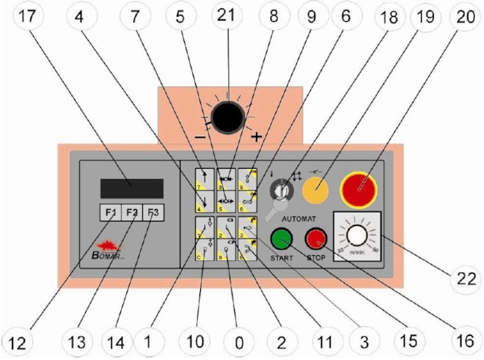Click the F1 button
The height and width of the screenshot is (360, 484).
(x=110, y=213)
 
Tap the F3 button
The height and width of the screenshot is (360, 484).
(x=153, y=213)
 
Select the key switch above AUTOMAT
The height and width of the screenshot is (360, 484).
(x=279, y=191)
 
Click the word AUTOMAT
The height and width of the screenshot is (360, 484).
(x=298, y=218)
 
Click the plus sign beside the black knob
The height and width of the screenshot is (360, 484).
(x=257, y=137)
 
